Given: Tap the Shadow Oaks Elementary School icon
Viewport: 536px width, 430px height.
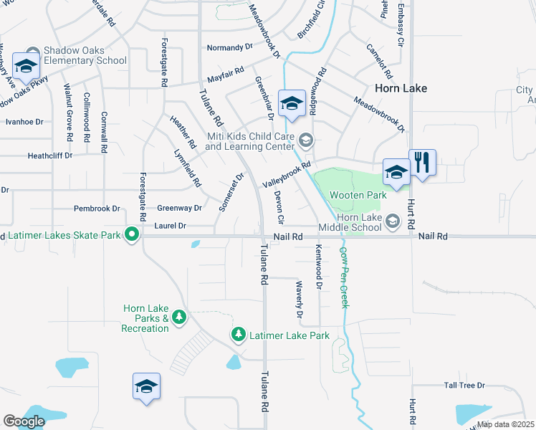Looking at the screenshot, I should (27, 67).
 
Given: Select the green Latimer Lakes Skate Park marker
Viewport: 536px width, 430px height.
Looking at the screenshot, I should (132, 234).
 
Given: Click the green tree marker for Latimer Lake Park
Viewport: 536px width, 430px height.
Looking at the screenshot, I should (238, 334).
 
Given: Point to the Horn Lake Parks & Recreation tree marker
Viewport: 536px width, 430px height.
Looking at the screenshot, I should (178, 317).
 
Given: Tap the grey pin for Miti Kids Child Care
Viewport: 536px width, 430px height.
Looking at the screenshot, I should (306, 140).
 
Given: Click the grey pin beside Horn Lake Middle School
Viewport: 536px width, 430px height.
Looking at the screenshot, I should (392, 221).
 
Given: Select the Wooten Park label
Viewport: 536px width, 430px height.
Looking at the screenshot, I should (358, 195).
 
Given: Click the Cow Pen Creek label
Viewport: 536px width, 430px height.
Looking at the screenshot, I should (344, 277).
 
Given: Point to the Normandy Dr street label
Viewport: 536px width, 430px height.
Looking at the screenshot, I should (230, 47).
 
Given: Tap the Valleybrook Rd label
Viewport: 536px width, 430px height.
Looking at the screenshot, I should (287, 174).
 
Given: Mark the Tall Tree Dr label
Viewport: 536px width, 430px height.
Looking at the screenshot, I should (464, 386).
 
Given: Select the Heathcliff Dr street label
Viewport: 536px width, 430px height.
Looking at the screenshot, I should (49, 155).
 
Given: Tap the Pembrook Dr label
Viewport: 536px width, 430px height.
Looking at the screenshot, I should (97, 209).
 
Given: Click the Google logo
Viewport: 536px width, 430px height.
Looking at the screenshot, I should (24, 421).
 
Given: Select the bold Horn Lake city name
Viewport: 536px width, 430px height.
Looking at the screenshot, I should (401, 88).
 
